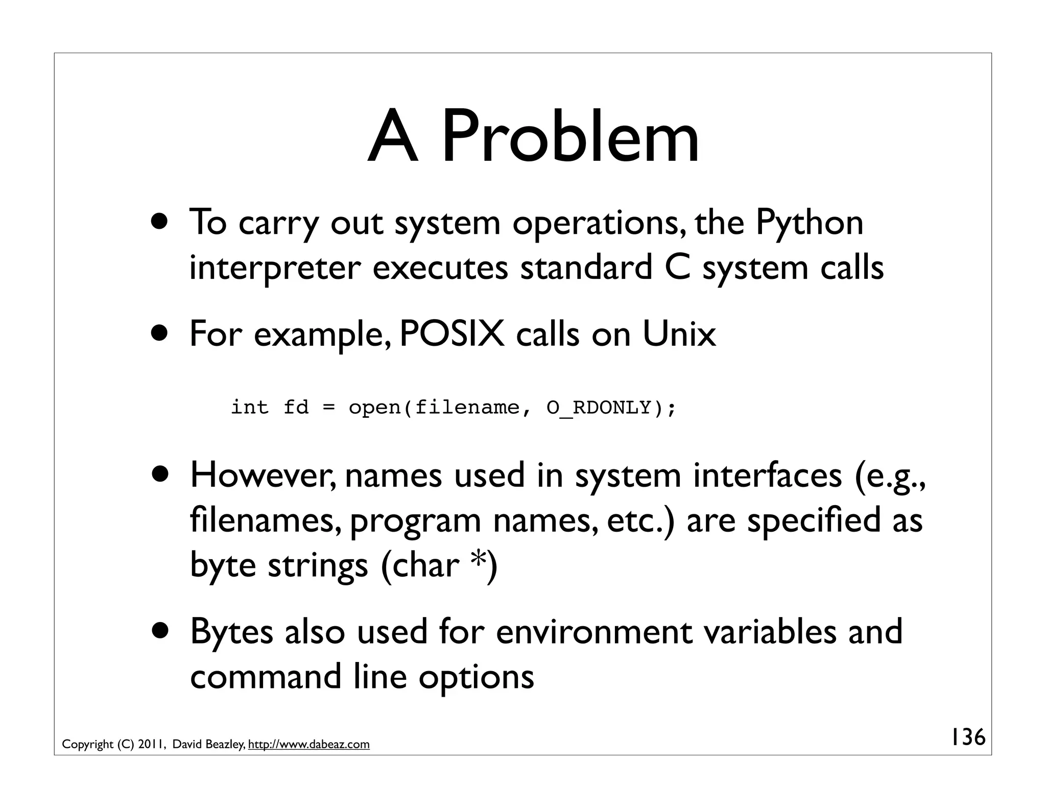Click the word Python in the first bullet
click(809, 224)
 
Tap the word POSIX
click(451, 334)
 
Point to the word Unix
click(679, 334)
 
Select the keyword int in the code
click(249, 408)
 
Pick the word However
click(263, 475)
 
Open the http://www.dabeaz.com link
click(308, 745)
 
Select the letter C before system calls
click(677, 268)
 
